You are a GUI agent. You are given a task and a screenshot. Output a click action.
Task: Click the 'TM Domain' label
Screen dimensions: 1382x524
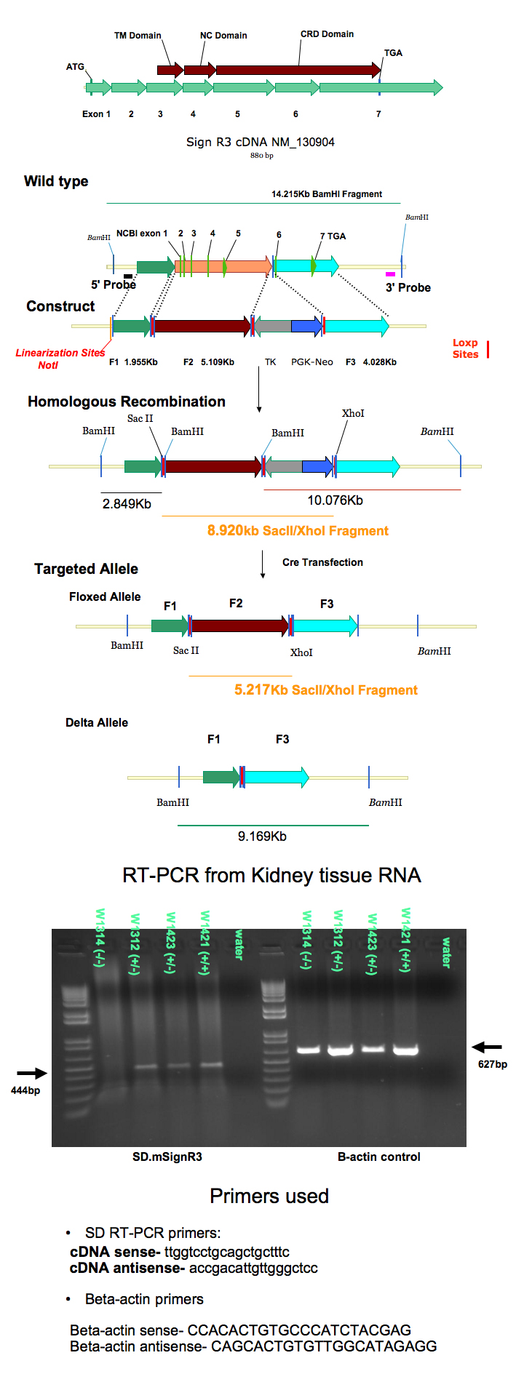[x=138, y=36]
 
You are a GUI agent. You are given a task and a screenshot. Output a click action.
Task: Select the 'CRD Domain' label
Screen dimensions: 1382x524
[x=327, y=34]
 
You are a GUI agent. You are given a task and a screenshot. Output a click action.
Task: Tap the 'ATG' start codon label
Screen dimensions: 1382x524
[x=75, y=67]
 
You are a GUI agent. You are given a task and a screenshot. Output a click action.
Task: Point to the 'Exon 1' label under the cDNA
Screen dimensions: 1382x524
[x=96, y=114]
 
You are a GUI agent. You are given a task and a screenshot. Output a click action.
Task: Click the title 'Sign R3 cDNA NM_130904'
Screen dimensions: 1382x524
[x=261, y=142]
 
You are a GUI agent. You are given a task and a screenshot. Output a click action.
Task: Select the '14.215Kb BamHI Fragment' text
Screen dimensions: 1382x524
[x=327, y=194]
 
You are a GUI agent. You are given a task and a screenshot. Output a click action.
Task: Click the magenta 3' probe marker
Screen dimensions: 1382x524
[x=390, y=274]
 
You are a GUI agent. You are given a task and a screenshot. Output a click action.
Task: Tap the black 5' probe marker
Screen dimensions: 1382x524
[x=128, y=276]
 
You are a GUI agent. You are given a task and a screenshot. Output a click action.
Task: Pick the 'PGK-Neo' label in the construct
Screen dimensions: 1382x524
[x=311, y=362]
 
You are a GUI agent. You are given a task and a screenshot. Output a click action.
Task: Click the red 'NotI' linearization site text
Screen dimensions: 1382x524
[x=48, y=365]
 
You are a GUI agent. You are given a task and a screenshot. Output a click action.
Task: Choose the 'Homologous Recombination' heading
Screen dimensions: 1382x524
[x=127, y=402]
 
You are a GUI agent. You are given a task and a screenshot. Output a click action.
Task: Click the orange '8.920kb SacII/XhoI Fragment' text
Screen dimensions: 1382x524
[x=298, y=531]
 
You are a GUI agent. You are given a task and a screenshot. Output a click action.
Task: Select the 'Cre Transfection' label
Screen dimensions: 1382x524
[x=322, y=562]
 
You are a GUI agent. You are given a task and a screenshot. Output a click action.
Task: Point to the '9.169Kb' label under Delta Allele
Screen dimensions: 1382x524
[x=262, y=836]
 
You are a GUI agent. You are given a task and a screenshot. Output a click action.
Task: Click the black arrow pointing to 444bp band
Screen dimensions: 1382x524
[x=31, y=1073]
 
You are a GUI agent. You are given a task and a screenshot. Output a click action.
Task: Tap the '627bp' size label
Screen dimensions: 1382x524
[x=493, y=1064]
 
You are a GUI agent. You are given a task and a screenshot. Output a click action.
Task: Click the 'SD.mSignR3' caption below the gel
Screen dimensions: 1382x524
[x=167, y=1157]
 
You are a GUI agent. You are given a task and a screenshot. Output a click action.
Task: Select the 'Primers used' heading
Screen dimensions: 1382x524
[x=269, y=1197]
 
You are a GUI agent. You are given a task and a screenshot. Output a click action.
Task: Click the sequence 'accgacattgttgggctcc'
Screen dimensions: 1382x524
[x=253, y=1268]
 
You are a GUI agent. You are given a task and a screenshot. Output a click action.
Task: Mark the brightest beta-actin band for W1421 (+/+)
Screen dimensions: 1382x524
[x=406, y=1050]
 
